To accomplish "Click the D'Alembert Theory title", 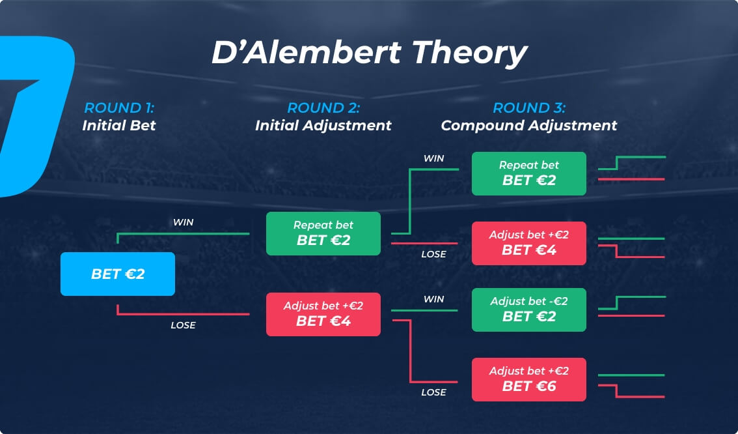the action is pyautogui.click(x=370, y=52).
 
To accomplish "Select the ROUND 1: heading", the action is pyautogui.click(x=119, y=108).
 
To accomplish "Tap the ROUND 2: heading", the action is pyautogui.click(x=323, y=108).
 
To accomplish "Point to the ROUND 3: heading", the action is pyautogui.click(x=529, y=108).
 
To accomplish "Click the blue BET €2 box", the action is pyautogui.click(x=118, y=274).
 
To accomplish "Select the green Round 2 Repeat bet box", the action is pyautogui.click(x=323, y=233).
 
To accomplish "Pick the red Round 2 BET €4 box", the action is pyautogui.click(x=323, y=314).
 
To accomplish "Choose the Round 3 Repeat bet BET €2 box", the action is pyautogui.click(x=529, y=173).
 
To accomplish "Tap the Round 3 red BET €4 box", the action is pyautogui.click(x=529, y=243).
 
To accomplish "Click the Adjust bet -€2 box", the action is pyautogui.click(x=529, y=310).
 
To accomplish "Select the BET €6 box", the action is pyautogui.click(x=529, y=379).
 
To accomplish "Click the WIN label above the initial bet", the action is pyautogui.click(x=183, y=222).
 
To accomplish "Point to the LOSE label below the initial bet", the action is pyautogui.click(x=183, y=325).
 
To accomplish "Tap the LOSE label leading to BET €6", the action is pyautogui.click(x=433, y=392).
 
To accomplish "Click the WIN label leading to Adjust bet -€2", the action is pyautogui.click(x=433, y=298).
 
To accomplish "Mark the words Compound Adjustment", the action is pyautogui.click(x=529, y=125).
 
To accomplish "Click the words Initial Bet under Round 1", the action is pyautogui.click(x=119, y=125).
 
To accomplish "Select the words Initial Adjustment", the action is pyautogui.click(x=323, y=125).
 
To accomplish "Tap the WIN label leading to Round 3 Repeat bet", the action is pyautogui.click(x=433, y=158).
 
